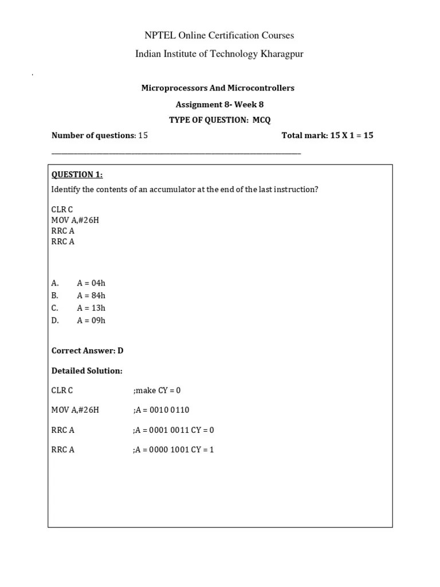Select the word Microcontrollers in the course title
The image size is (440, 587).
click(261, 88)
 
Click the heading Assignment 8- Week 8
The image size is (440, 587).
click(219, 104)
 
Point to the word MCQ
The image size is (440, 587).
click(261, 119)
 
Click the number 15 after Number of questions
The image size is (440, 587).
click(143, 135)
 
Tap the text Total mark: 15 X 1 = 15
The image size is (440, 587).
click(327, 135)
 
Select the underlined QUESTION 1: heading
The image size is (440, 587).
click(77, 174)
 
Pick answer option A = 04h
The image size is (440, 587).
click(91, 283)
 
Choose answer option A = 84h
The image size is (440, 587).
click(91, 295)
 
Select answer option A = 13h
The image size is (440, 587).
click(91, 308)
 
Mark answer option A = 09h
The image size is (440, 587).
click(91, 320)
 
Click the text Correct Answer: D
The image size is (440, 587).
click(88, 350)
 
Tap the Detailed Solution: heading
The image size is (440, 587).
click(87, 371)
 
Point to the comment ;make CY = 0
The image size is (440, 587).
click(156, 390)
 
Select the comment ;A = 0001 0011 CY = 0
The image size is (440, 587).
click(173, 430)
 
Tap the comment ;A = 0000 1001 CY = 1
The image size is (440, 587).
click(173, 449)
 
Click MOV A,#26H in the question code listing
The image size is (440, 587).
click(75, 220)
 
